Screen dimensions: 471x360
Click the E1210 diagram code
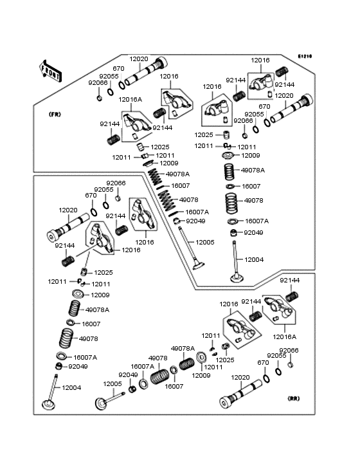(304, 57)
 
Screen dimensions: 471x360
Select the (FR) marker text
(55, 114)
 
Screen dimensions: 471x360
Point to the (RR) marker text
(294, 399)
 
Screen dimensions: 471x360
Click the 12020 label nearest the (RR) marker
(240, 378)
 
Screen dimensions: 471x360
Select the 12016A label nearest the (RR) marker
(285, 337)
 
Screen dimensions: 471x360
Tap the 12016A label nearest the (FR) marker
(130, 99)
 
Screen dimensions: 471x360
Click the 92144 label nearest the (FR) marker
(109, 124)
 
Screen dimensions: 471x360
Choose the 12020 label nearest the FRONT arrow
(139, 59)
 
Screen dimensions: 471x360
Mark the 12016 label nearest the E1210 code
(260, 60)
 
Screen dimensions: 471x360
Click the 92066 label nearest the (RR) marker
(289, 350)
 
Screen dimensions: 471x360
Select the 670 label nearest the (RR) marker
(263, 362)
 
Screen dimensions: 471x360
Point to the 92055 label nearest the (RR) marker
(277, 356)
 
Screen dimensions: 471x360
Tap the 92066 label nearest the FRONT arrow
(98, 83)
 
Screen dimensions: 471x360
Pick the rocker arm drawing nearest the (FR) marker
(135, 123)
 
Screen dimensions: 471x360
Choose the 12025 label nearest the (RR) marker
(225, 360)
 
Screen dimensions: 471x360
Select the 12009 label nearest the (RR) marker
(201, 375)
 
